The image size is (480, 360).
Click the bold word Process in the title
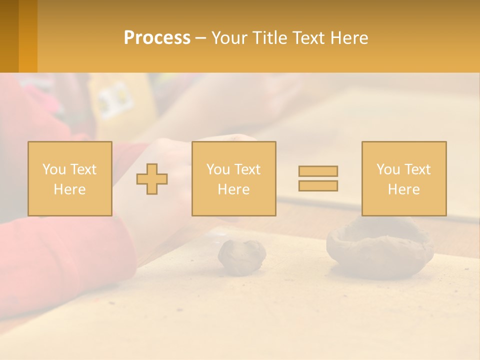[x=157, y=38]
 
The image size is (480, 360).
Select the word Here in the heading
[x=348, y=38]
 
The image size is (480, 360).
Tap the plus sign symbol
[x=152, y=179]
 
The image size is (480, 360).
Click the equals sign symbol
[x=318, y=178]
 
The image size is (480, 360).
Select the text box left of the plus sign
[x=70, y=179]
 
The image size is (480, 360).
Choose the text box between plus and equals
[x=234, y=179]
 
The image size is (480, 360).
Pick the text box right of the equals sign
[x=404, y=179]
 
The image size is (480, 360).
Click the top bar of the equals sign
[x=318, y=171]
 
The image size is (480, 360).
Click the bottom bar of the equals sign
[x=318, y=186]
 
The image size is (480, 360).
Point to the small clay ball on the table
[x=241, y=256]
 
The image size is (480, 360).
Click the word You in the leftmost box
[x=53, y=169]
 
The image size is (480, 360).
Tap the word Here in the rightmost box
[x=404, y=189]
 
